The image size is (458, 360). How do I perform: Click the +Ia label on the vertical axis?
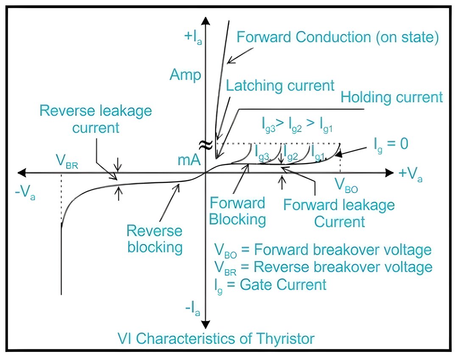tap(193, 37)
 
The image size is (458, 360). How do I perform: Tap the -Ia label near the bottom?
tap(193, 309)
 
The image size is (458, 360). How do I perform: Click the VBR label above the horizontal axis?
tap(67, 162)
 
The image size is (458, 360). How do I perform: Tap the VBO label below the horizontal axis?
tap(346, 186)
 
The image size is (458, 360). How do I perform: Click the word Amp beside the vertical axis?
tap(185, 75)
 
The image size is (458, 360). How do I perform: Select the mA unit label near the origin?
tap(189, 160)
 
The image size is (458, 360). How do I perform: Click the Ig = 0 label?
tap(391, 145)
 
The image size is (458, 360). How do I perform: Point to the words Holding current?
tap(392, 97)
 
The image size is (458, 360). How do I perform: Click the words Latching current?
tap(280, 86)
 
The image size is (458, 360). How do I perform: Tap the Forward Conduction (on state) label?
tap(338, 37)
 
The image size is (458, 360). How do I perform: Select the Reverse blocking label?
tap(155, 239)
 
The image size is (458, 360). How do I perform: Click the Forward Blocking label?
tap(237, 211)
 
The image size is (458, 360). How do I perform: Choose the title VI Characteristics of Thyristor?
tap(216, 339)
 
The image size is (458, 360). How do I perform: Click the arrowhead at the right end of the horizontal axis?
tap(389, 173)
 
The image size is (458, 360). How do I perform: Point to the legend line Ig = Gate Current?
tap(271, 285)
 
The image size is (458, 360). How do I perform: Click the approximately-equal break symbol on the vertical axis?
tap(206, 144)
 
